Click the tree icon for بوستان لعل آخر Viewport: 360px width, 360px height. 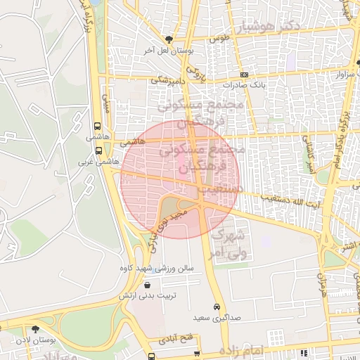coord(168,39)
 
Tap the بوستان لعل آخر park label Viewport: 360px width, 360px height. coord(169,51)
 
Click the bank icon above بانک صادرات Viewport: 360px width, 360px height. coord(243,75)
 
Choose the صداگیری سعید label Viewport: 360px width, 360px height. coord(217,319)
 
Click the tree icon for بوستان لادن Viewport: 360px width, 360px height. coord(35,329)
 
